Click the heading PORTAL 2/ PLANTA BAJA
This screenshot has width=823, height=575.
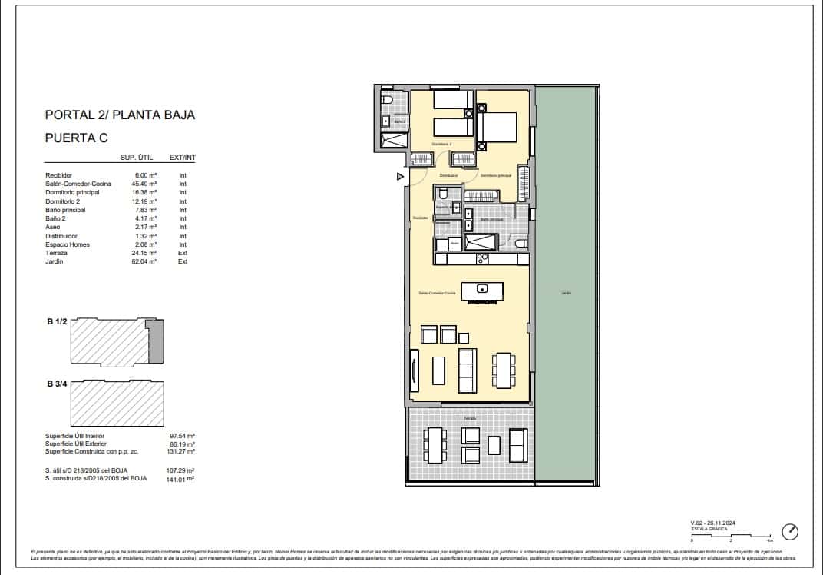pyautogui.click(x=120, y=115)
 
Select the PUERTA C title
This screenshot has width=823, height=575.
pyautogui.click(x=77, y=138)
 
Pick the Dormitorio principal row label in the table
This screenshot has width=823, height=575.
pyautogui.click(x=72, y=193)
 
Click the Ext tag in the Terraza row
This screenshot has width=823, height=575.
pyautogui.click(x=183, y=253)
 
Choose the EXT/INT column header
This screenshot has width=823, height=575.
pyautogui.click(x=182, y=158)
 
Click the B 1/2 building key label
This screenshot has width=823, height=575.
pyautogui.click(x=56, y=323)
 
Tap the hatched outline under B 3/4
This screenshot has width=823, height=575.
pyautogui.click(x=117, y=404)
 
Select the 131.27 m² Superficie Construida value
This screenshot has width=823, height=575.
pyautogui.click(x=181, y=452)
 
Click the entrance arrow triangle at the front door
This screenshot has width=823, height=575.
pyautogui.click(x=399, y=177)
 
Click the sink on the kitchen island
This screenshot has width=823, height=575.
pyautogui.click(x=481, y=289)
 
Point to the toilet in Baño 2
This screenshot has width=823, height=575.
pyautogui.click(x=387, y=101)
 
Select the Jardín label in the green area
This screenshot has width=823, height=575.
pyautogui.click(x=566, y=293)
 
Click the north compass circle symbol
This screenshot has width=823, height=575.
pyautogui.click(x=790, y=532)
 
